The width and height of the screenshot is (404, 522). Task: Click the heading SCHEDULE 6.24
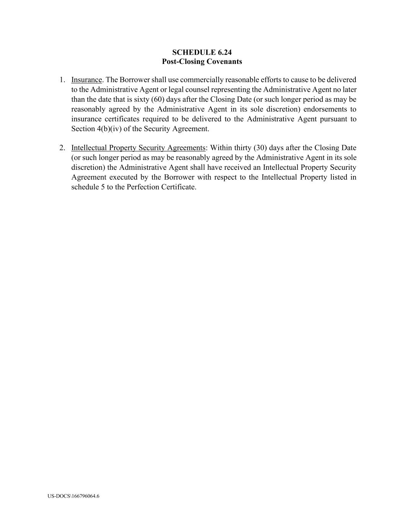[x=202, y=52]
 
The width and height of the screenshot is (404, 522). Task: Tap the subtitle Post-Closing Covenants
[x=202, y=61]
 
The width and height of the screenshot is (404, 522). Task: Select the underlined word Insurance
[x=87, y=80]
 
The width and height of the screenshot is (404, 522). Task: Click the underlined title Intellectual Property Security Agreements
[x=138, y=148]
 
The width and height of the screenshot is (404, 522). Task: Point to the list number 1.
[x=62, y=80]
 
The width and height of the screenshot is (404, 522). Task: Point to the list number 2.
[x=62, y=148]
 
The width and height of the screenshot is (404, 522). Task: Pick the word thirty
[x=241, y=148]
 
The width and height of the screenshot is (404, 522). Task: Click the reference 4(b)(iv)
[x=109, y=129]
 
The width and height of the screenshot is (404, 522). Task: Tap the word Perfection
[x=133, y=187]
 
